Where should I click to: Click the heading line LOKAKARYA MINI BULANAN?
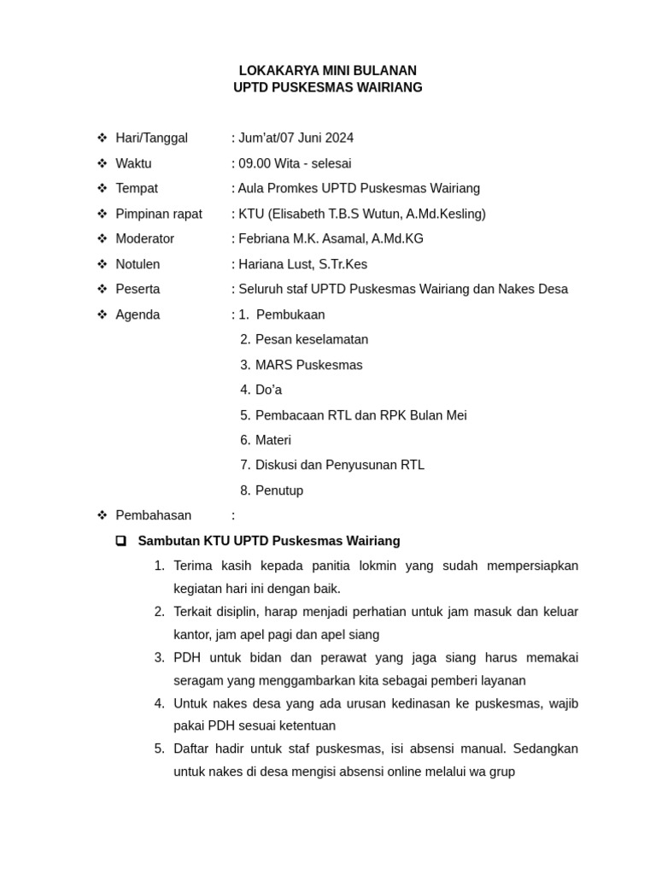click(x=327, y=70)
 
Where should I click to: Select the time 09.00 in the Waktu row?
click(x=255, y=163)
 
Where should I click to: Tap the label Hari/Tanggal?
click(x=151, y=138)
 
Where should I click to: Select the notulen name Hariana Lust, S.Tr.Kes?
click(x=302, y=264)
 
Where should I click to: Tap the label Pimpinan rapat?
click(x=159, y=214)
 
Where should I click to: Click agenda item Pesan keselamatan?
click(x=311, y=339)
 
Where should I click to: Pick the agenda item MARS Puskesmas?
click(x=308, y=365)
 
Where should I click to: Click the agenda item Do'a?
click(x=268, y=390)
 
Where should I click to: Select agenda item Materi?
click(x=272, y=440)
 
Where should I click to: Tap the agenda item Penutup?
click(x=278, y=490)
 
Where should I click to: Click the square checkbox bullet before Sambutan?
click(x=121, y=541)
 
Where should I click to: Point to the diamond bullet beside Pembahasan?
click(x=102, y=515)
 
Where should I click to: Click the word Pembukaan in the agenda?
click(x=290, y=314)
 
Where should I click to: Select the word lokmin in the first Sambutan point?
click(x=379, y=566)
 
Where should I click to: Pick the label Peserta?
click(x=138, y=289)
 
